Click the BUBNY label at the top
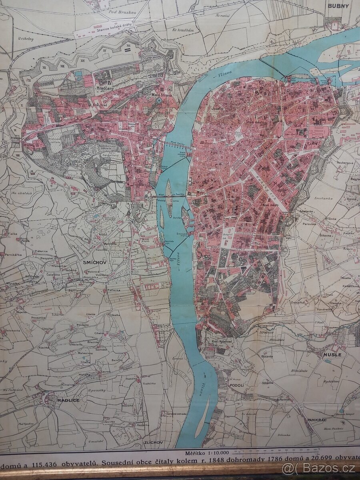point(338,6)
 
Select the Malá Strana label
point(162,95)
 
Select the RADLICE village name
point(68,400)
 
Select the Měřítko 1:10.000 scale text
point(207,453)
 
